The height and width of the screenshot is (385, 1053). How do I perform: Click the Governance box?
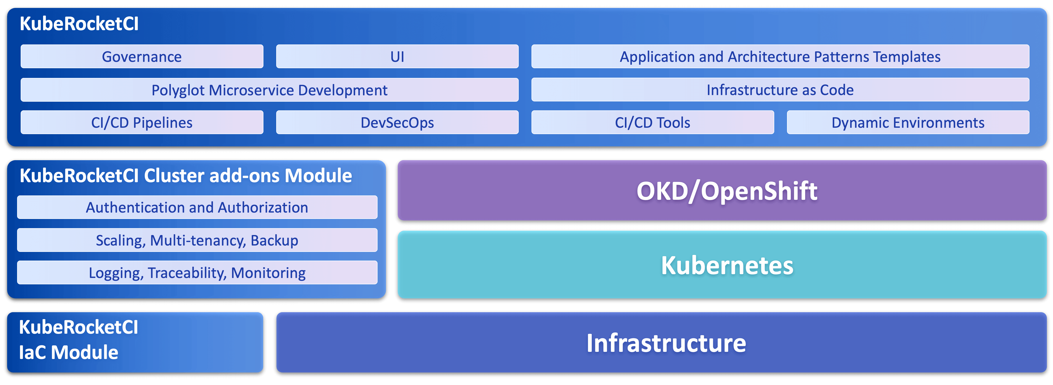coord(142,56)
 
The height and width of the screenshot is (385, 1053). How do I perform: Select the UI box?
coord(397,56)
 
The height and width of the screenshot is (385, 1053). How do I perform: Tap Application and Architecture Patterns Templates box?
coord(780,56)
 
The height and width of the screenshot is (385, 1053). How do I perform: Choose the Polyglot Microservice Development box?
coord(269,90)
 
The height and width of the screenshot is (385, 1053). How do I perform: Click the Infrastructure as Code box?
coord(780,90)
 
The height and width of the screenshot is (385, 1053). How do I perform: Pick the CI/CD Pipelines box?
coord(142,122)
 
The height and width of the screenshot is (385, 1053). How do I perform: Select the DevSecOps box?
coord(397,122)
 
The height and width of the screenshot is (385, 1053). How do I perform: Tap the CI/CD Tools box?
coord(652,122)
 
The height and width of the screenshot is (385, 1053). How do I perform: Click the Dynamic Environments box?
coord(908,122)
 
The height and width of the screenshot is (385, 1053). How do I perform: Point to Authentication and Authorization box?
coord(197,207)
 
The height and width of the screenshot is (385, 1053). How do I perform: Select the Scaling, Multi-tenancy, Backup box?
coord(197,240)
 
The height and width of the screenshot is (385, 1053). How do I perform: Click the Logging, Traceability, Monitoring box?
coord(197,273)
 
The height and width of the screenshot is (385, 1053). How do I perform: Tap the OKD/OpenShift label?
coord(727,191)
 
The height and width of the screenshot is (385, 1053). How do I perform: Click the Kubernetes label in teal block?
coord(727,265)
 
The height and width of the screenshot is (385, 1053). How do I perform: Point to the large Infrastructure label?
coord(666,343)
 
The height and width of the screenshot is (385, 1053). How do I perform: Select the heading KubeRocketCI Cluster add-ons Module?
coord(186,176)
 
